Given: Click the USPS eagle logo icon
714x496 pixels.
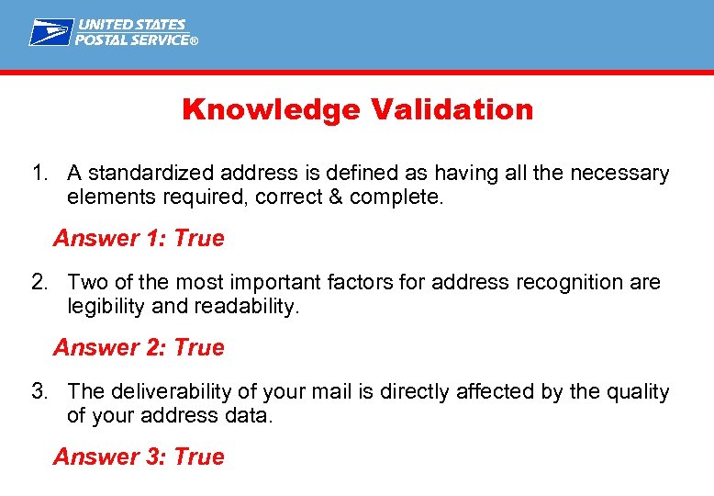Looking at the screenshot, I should (x=50, y=32).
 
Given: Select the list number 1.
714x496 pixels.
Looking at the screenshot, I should (x=38, y=174).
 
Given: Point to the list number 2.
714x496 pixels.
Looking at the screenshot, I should (x=38, y=283).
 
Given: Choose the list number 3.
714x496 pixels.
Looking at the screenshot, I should (x=38, y=392).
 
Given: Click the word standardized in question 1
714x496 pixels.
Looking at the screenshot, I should (x=147, y=174).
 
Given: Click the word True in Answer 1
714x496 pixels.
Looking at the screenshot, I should (x=199, y=239).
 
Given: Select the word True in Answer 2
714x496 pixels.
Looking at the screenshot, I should (x=199, y=348).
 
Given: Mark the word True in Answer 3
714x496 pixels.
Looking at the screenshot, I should (x=199, y=457).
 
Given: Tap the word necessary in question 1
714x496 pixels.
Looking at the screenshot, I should (x=623, y=174).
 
